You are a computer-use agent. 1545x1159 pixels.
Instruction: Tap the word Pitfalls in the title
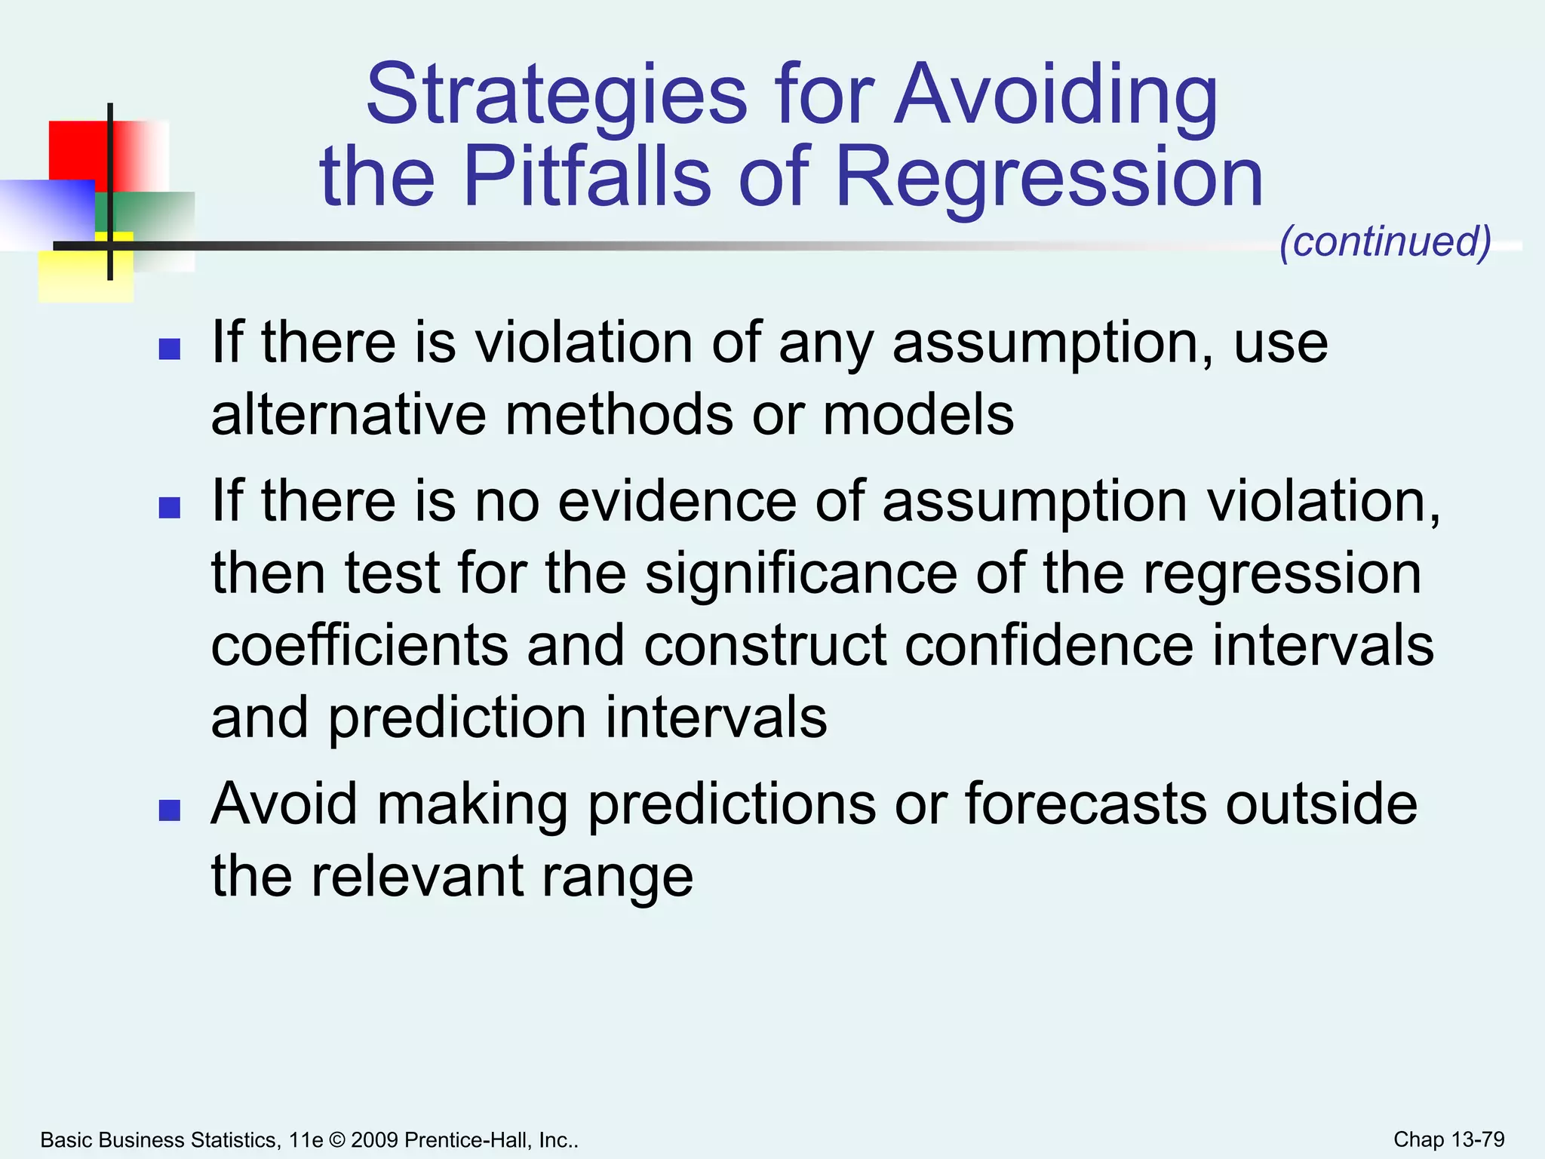coord(587,177)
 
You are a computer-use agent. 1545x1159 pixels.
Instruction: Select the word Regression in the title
coord(1049,177)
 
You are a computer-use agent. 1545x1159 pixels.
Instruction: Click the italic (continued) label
coord(1385,241)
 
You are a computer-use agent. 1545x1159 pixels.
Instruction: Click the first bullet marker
coord(170,349)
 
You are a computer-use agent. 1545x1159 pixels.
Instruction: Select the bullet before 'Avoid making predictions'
coord(170,810)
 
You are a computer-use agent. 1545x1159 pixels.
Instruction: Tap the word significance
coord(801,573)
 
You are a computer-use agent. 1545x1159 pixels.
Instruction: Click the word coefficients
coord(360,646)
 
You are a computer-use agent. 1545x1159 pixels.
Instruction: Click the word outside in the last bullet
coord(1321,804)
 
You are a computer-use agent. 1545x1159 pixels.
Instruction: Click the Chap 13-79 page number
coord(1448,1139)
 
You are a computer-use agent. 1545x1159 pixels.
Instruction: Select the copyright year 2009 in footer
coord(374,1139)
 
